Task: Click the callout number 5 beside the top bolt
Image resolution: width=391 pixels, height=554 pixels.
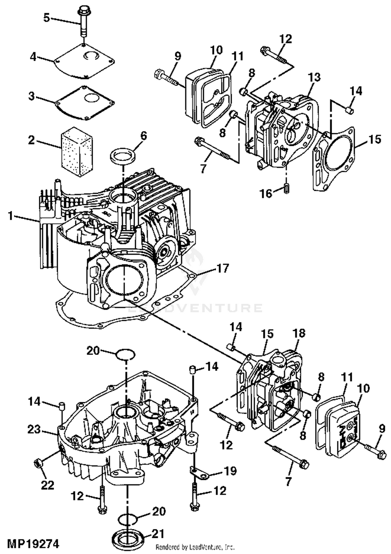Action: point(46,18)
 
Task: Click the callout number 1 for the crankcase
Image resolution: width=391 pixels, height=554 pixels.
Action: point(10,216)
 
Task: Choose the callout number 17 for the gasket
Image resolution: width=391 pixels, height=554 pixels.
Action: point(223,268)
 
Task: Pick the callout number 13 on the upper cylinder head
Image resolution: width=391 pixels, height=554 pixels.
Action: point(314,77)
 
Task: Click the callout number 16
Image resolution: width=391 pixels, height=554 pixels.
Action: point(266,194)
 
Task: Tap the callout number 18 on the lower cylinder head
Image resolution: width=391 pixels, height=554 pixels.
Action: point(299,333)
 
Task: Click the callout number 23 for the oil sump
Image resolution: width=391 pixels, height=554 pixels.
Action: point(34,429)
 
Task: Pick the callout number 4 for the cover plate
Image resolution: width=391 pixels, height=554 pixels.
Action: point(33,57)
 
